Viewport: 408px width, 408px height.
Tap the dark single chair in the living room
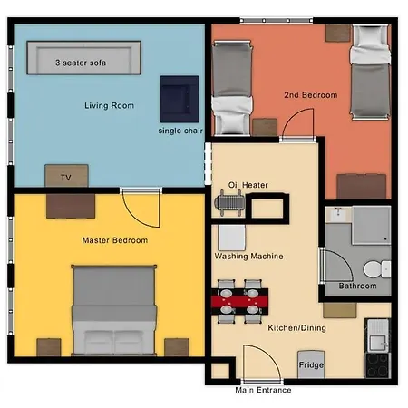[180, 98]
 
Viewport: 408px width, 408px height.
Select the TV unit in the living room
[65, 175]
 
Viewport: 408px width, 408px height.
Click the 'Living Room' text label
[109, 106]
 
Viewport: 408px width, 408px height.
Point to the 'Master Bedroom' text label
[109, 240]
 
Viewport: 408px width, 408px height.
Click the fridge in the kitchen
[311, 364]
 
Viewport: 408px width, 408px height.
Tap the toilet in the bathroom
[374, 267]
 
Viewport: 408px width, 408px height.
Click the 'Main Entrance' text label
[263, 391]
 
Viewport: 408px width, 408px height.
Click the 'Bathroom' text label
[357, 287]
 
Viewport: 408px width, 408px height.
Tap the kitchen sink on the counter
[376, 341]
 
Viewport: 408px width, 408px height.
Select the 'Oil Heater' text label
[248, 184]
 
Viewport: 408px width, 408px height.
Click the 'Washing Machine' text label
[248, 257]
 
